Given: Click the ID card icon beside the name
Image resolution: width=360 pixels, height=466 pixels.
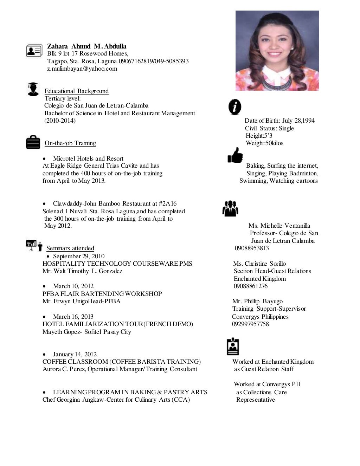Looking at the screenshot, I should point(34,51).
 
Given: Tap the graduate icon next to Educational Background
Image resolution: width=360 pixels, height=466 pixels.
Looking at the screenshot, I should point(33,89).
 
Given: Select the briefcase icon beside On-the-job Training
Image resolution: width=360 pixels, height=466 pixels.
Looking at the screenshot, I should point(33,142).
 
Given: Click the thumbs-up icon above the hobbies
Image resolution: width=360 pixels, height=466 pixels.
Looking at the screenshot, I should point(235,155).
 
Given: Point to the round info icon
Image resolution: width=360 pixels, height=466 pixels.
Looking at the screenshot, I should point(235,107).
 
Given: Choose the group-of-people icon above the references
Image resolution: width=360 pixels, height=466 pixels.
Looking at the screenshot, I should point(230,208).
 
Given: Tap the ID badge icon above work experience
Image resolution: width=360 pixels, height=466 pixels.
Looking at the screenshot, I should point(233,347).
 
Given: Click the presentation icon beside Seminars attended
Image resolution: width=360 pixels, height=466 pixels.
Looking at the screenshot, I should point(34,245).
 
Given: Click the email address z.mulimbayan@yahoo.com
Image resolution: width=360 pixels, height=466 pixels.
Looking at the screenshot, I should point(82,69).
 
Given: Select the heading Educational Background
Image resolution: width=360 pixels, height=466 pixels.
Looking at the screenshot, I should point(76,91).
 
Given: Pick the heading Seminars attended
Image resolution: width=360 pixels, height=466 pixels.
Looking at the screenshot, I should point(70,248).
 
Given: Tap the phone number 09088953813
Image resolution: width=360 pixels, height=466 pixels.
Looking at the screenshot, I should point(252,248).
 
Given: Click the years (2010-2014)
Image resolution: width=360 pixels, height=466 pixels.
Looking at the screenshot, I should point(60,121).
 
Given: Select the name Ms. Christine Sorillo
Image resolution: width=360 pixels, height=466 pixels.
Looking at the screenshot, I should point(259,264).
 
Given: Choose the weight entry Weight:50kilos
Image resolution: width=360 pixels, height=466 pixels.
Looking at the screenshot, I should point(264,143).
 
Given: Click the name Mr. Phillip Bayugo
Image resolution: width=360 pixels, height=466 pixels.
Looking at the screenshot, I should point(257,301).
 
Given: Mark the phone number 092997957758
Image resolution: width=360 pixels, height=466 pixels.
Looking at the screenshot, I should point(250,324).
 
